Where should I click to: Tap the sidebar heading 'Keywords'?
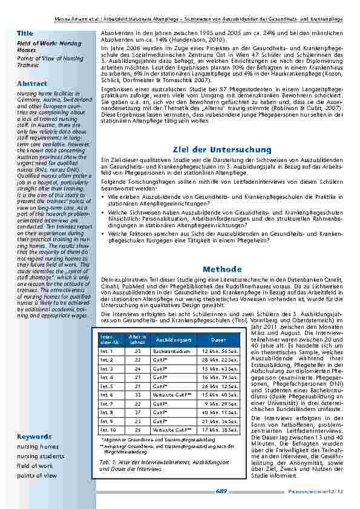(34, 436)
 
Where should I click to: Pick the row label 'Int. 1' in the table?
(106, 351)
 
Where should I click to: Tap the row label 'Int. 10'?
(108, 430)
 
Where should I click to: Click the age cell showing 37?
(137, 412)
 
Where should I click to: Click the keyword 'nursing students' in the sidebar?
(41, 456)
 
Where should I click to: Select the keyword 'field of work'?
(34, 465)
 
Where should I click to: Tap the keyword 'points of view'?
(37, 475)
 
